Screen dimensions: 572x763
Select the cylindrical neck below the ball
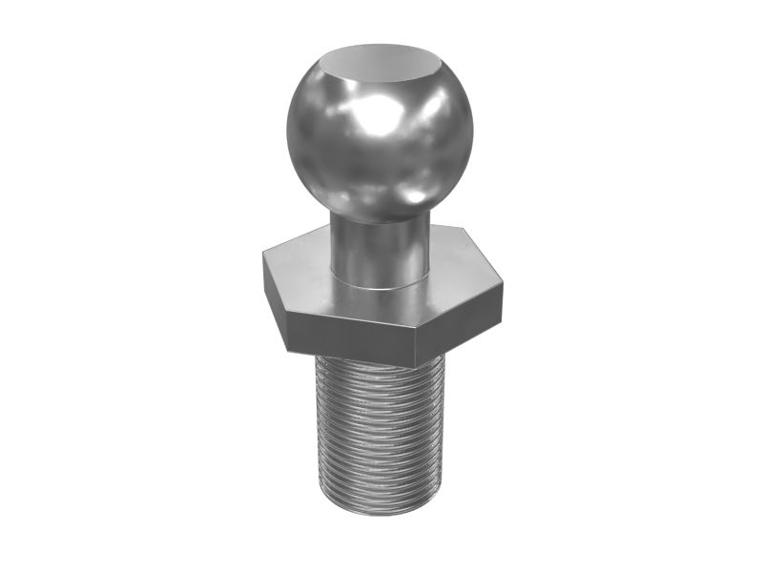point(379,250)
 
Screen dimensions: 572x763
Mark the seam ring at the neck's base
point(379,284)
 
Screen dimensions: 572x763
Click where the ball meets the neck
point(379,216)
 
